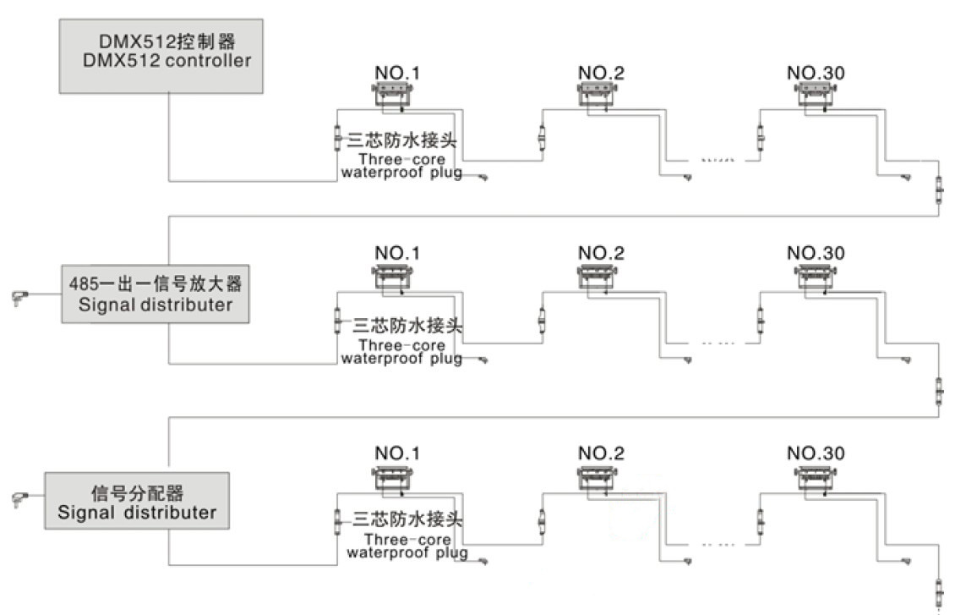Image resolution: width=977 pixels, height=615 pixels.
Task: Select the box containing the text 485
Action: click(156, 294)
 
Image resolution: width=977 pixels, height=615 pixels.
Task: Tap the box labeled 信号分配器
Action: click(137, 502)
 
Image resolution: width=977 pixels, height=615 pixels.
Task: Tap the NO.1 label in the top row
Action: click(396, 73)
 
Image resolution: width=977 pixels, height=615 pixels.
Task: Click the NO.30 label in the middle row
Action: click(815, 253)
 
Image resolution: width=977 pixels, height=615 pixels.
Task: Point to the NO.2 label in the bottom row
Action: click(601, 453)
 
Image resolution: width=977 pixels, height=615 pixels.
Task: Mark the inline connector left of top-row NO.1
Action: click(337, 138)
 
